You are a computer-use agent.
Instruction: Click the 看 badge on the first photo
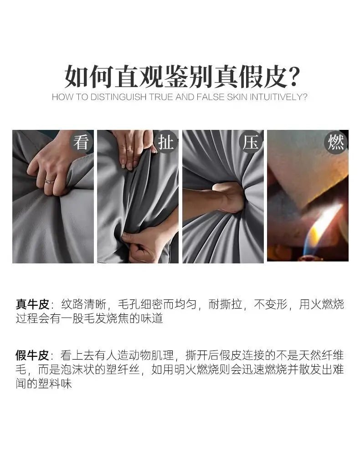(81, 143)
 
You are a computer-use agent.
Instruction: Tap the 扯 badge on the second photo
(165, 143)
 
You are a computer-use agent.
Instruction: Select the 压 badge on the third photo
(251, 143)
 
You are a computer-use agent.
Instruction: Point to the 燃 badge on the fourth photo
(336, 143)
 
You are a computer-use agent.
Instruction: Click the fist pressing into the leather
(229, 197)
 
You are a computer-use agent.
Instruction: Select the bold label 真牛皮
(32, 304)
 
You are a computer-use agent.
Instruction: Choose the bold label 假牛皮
(32, 355)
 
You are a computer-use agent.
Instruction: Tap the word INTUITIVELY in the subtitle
(277, 97)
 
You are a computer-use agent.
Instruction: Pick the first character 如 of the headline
(77, 77)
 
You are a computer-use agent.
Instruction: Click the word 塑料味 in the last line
(55, 384)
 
